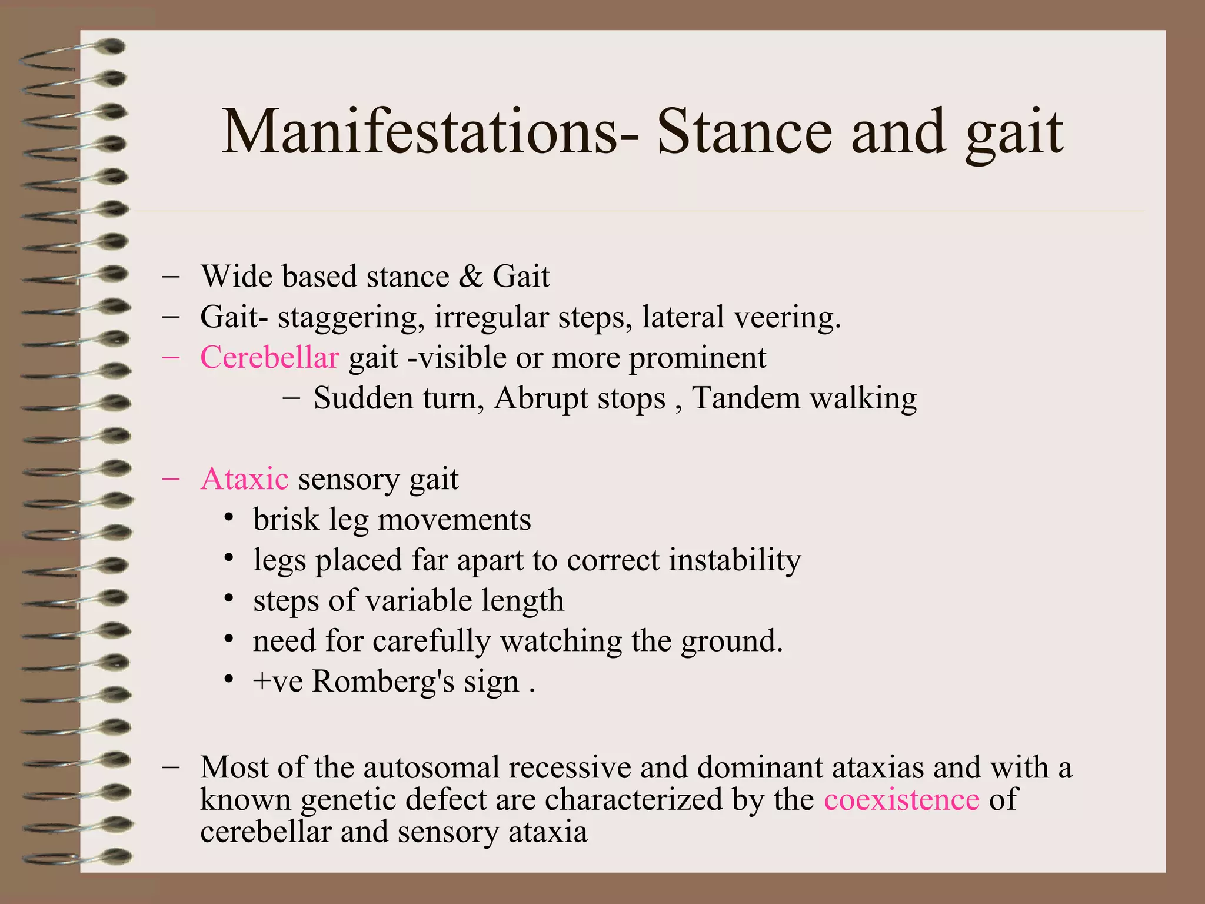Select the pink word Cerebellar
pos(269,358)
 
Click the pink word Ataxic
pos(244,479)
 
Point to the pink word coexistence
pos(901,800)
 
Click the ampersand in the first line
pos(470,277)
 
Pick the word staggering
pos(351,318)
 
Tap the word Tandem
pos(745,398)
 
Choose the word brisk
pos(286,520)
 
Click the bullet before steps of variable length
pos(229,600)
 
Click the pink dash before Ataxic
pos(171,478)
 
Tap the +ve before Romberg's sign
pos(278,682)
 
